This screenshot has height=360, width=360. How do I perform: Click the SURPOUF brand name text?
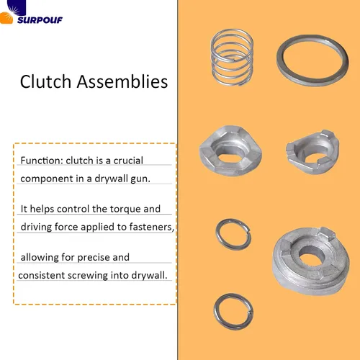click(40, 20)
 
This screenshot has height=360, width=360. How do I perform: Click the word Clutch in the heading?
click(45, 81)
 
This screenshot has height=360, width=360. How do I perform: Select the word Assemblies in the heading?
click(122, 81)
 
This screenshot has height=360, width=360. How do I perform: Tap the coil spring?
click(232, 57)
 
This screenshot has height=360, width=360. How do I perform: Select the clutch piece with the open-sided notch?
click(312, 152)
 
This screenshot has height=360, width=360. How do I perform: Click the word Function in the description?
click(42, 161)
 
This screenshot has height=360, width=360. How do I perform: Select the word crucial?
click(128, 161)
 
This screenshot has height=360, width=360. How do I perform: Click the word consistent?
click(42, 275)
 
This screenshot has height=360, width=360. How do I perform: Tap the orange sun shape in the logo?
click(6, 19)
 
